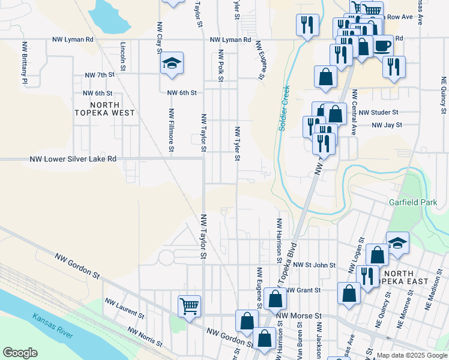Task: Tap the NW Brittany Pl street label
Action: tap(25, 63)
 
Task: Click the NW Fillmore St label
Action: tap(172, 130)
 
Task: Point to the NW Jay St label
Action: tap(387, 125)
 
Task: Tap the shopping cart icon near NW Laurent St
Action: tap(190, 306)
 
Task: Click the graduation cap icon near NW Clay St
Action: tap(172, 63)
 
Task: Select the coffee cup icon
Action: tap(382, 45)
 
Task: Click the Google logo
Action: tap(20, 353)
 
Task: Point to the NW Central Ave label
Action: tap(355, 112)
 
